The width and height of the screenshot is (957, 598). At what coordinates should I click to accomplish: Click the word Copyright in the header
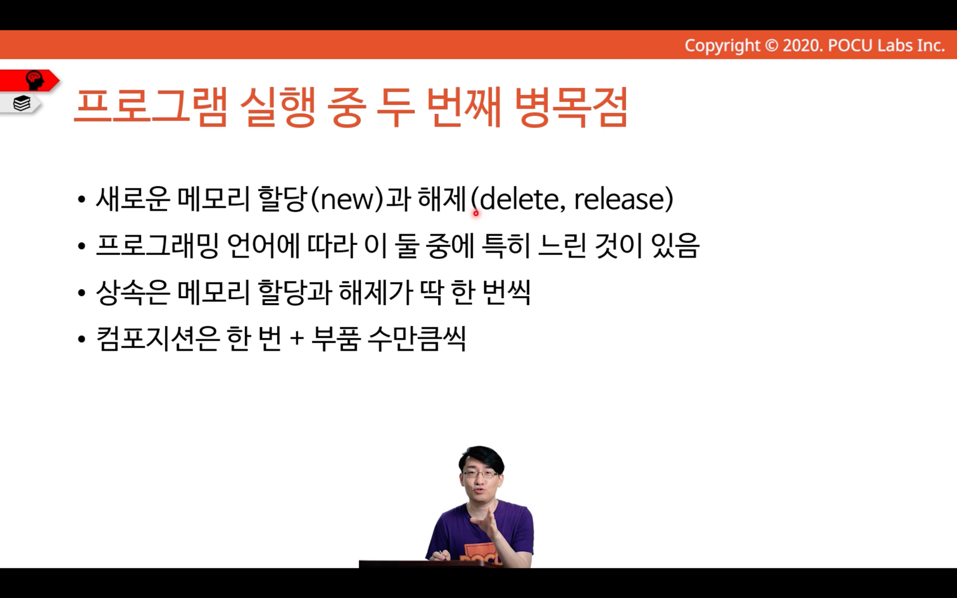click(722, 46)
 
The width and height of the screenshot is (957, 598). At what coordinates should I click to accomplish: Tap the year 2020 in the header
click(802, 46)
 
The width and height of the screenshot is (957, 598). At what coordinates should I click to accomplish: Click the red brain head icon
click(34, 80)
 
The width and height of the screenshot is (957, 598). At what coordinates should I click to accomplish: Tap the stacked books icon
click(22, 103)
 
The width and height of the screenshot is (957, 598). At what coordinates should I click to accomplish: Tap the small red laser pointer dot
click(476, 213)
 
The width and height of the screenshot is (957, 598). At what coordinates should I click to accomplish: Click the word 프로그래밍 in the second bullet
click(157, 246)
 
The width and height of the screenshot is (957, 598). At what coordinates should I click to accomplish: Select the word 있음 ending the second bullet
click(675, 246)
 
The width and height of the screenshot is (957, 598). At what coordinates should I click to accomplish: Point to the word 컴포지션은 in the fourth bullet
click(158, 339)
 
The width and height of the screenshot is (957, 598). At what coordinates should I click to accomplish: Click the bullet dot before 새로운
click(82, 199)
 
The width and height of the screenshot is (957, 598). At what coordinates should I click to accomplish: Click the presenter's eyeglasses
click(480, 474)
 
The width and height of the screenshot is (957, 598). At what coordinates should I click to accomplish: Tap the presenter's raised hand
click(488, 525)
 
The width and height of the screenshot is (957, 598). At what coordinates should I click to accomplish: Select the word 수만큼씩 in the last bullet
click(417, 339)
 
